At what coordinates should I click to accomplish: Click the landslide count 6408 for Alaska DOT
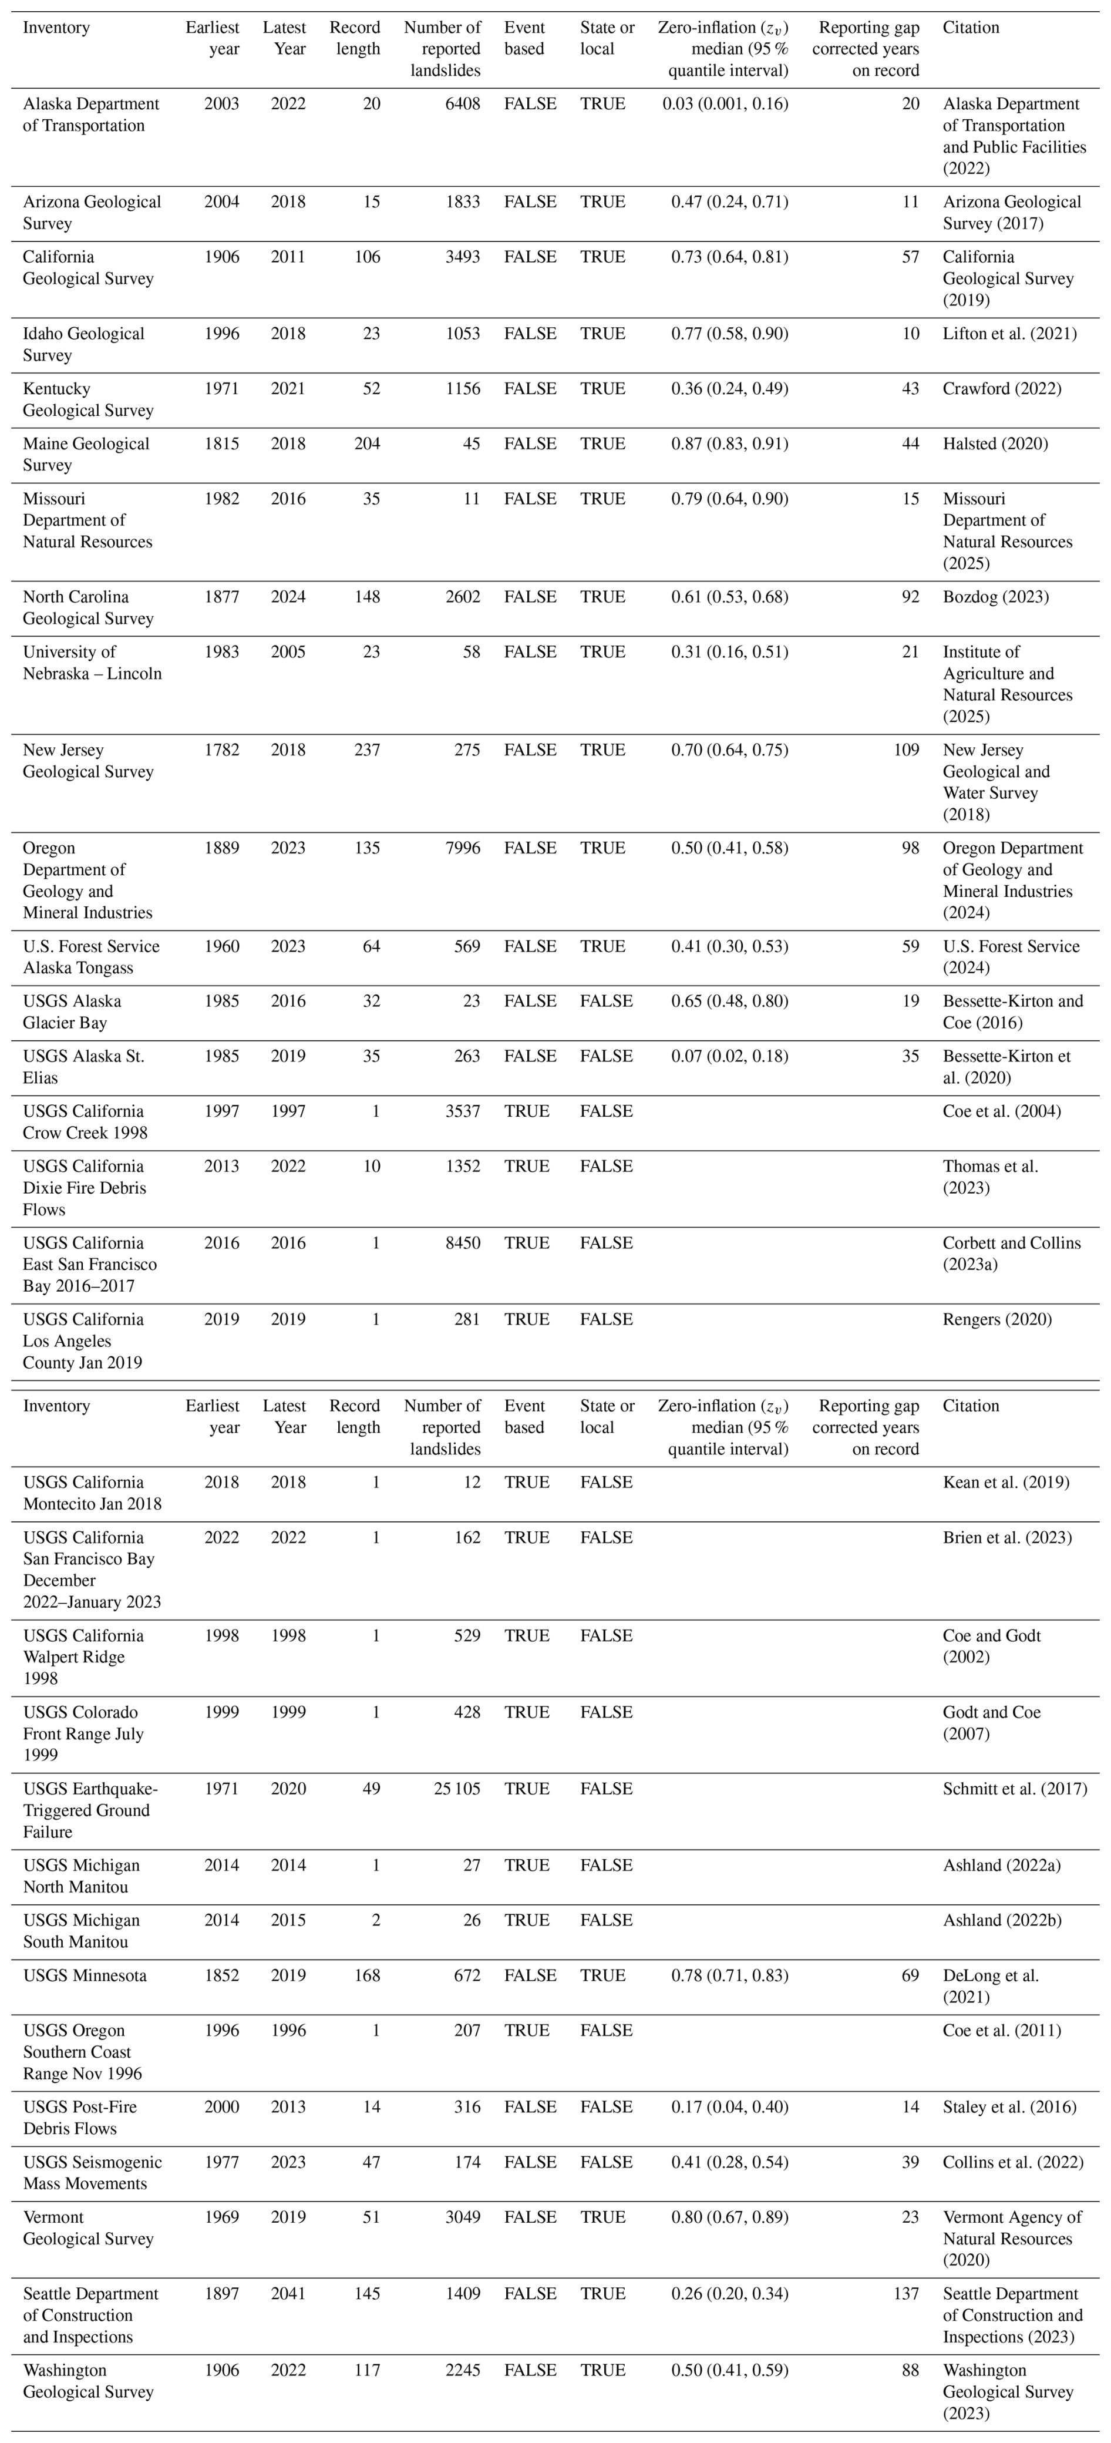[x=458, y=105]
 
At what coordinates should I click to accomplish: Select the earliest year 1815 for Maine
[x=222, y=444]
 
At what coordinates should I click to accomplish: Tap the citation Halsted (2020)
[x=995, y=444]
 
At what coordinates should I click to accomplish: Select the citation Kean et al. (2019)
[x=1006, y=1482]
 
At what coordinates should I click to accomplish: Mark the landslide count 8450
[x=458, y=1244]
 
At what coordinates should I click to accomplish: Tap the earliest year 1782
[x=222, y=750]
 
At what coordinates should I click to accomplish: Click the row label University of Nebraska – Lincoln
[x=92, y=663]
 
